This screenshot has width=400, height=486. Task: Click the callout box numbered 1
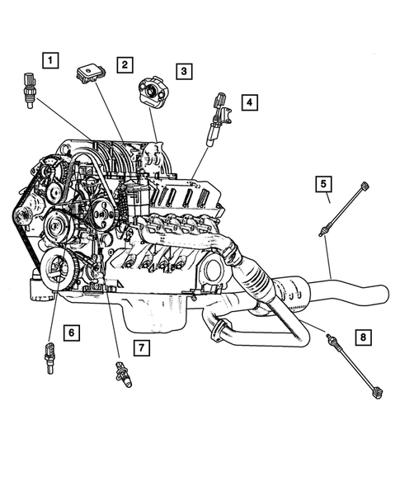[51, 60]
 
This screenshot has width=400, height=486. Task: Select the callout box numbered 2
[125, 64]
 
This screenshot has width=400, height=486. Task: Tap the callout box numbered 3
[183, 72]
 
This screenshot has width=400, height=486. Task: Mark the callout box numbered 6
[72, 333]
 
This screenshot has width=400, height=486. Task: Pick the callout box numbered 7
[142, 347]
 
